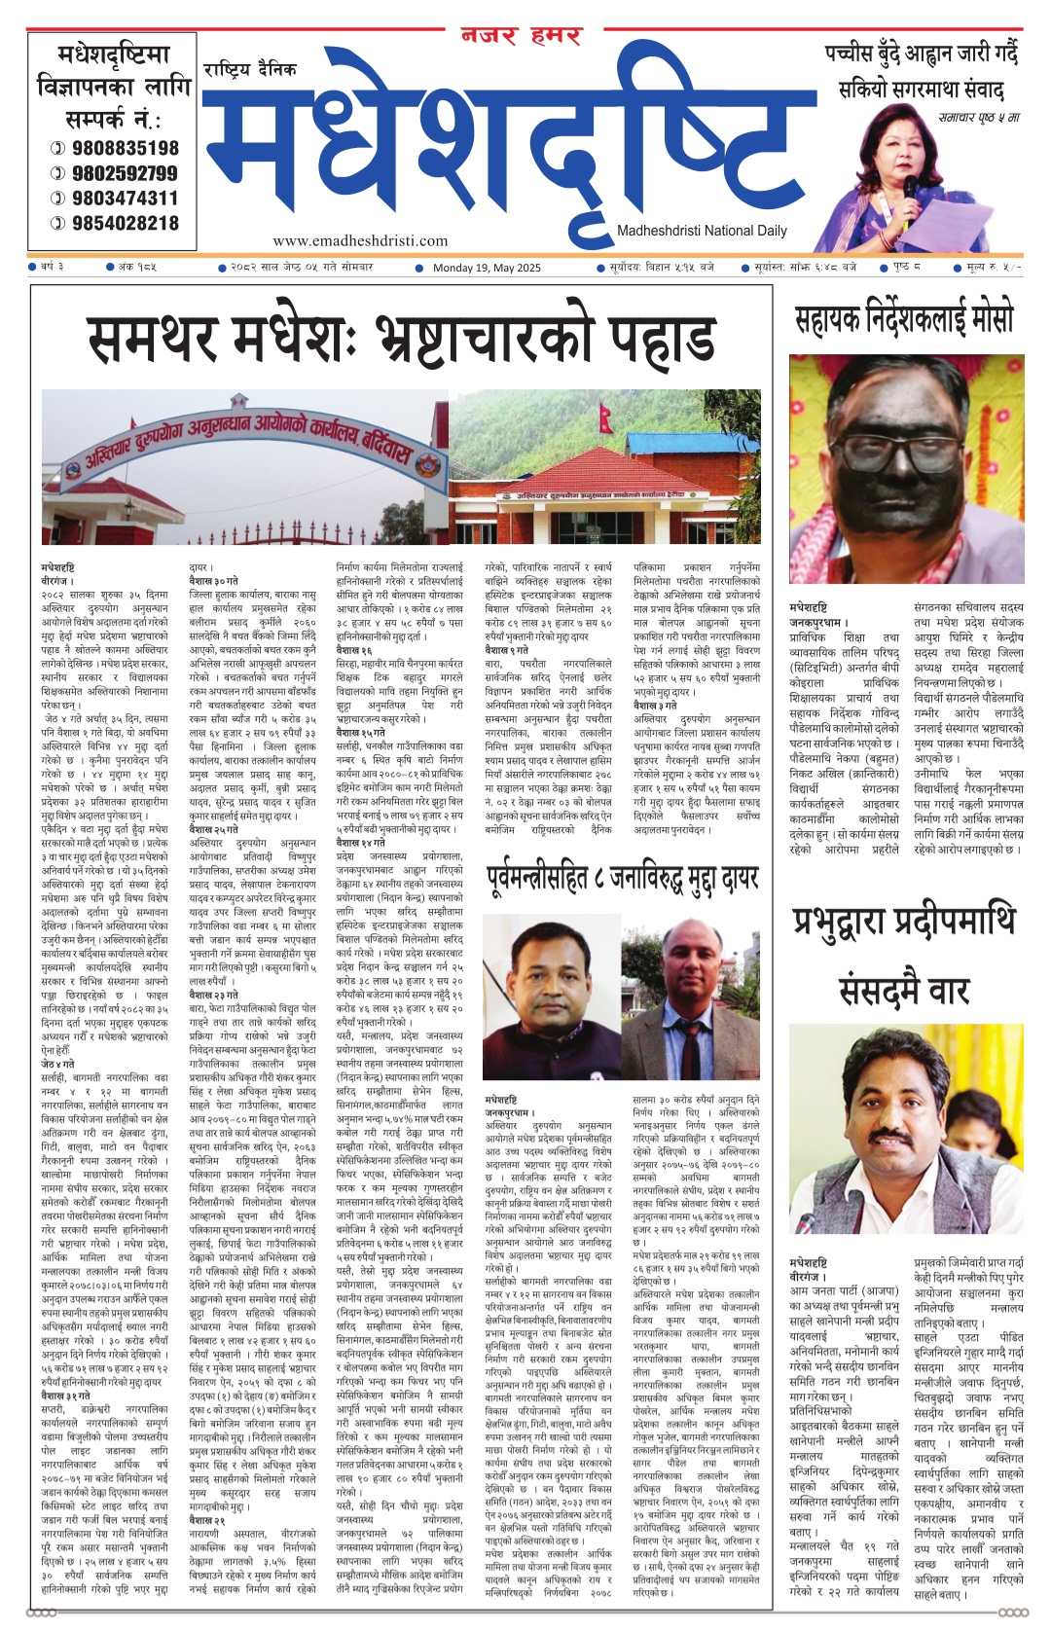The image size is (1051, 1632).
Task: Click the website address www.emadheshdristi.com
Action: pos(360,240)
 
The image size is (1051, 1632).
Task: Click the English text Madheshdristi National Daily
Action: pos(702,231)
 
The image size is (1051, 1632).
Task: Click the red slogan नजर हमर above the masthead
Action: pos(521,37)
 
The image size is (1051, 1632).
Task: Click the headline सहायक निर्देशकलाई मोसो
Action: pos(904,318)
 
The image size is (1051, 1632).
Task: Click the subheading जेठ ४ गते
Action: pos(59,1066)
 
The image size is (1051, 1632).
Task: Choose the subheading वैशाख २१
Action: pos(206,1520)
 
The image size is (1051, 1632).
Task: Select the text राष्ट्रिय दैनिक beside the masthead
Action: pos(250,69)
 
